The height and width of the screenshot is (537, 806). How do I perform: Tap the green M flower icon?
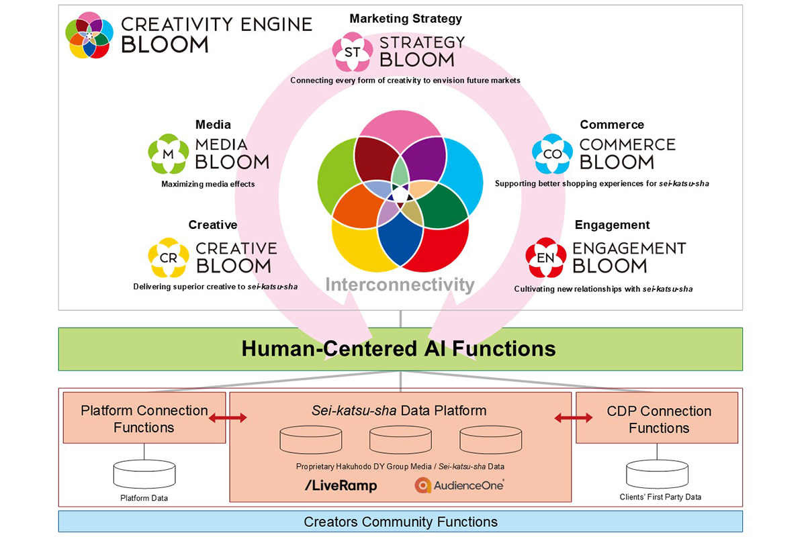pyautogui.click(x=168, y=154)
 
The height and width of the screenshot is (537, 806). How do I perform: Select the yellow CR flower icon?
pyautogui.click(x=168, y=258)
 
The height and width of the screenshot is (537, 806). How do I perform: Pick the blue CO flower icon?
pyautogui.click(x=552, y=154)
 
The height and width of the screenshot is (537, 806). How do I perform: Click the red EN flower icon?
pyautogui.click(x=546, y=258)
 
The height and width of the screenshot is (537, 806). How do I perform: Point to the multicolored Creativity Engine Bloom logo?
pyautogui.click(x=89, y=35)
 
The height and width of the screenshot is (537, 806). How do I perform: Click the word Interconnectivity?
pyautogui.click(x=400, y=285)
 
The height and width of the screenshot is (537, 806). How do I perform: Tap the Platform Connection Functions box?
pyautogui.click(x=144, y=418)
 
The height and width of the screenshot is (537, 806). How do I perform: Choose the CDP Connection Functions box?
pyautogui.click(x=658, y=418)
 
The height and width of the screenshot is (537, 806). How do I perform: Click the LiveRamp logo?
pyautogui.click(x=341, y=485)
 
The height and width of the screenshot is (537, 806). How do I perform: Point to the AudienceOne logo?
pyautogui.click(x=459, y=485)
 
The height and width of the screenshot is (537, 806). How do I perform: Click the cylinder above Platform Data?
pyautogui.click(x=144, y=474)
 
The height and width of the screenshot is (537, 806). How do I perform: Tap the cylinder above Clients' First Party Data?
pyautogui.click(x=658, y=474)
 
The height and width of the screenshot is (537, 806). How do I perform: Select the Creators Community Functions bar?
pyautogui.click(x=400, y=522)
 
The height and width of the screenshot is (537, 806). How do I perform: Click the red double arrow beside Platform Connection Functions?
pyautogui.click(x=228, y=418)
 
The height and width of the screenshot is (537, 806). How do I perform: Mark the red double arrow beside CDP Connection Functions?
pyautogui.click(x=574, y=418)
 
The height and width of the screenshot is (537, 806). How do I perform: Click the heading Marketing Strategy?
pyautogui.click(x=406, y=19)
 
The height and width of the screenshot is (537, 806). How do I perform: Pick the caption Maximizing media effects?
pyautogui.click(x=208, y=184)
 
